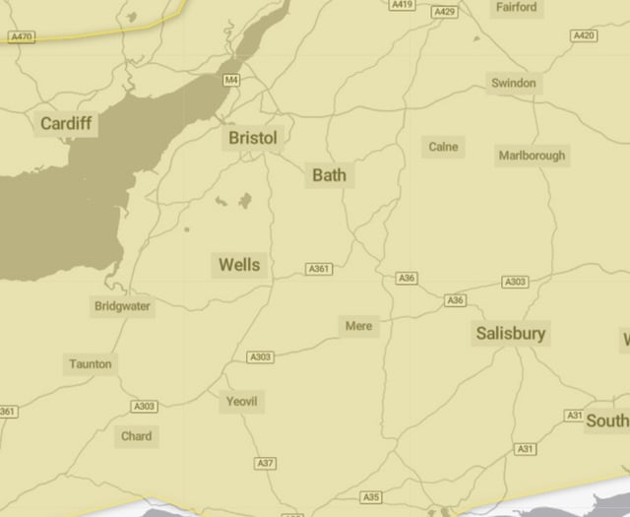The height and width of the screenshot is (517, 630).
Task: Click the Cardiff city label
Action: pyautogui.click(x=66, y=124)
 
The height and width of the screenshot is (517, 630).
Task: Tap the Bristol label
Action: pyautogui.click(x=253, y=138)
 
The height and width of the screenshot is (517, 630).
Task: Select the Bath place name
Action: pyautogui.click(x=329, y=175)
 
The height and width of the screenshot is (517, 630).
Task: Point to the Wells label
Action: pyautogui.click(x=239, y=265)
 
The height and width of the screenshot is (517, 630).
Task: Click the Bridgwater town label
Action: pyautogui.click(x=123, y=306)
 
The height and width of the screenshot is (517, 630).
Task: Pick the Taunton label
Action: pyautogui.click(x=91, y=364)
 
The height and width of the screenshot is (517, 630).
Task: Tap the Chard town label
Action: pyautogui.click(x=137, y=435)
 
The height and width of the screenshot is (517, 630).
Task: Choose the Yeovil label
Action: pyautogui.click(x=242, y=401)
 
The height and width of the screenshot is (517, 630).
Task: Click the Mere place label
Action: pyautogui.click(x=359, y=325)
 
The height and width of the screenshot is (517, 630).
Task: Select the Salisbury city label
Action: pyautogui.click(x=510, y=334)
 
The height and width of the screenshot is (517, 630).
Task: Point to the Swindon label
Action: pyautogui.click(x=514, y=84)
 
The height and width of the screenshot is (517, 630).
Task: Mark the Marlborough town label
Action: pyautogui.click(x=532, y=156)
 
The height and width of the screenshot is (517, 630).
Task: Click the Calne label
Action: pyautogui.click(x=443, y=147)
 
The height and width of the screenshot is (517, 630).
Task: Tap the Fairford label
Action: pyautogui.click(x=516, y=8)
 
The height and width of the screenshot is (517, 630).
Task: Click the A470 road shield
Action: pyautogui.click(x=21, y=36)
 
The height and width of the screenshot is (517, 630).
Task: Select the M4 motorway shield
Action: pyautogui.click(x=231, y=80)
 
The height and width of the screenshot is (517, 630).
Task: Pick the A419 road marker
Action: pyautogui.click(x=402, y=5)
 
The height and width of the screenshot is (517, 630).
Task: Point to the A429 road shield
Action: pyautogui.click(x=445, y=12)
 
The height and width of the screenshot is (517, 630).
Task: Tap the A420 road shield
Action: pyautogui.click(x=584, y=35)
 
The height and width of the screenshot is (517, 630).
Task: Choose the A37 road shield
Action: pyautogui.click(x=265, y=463)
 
